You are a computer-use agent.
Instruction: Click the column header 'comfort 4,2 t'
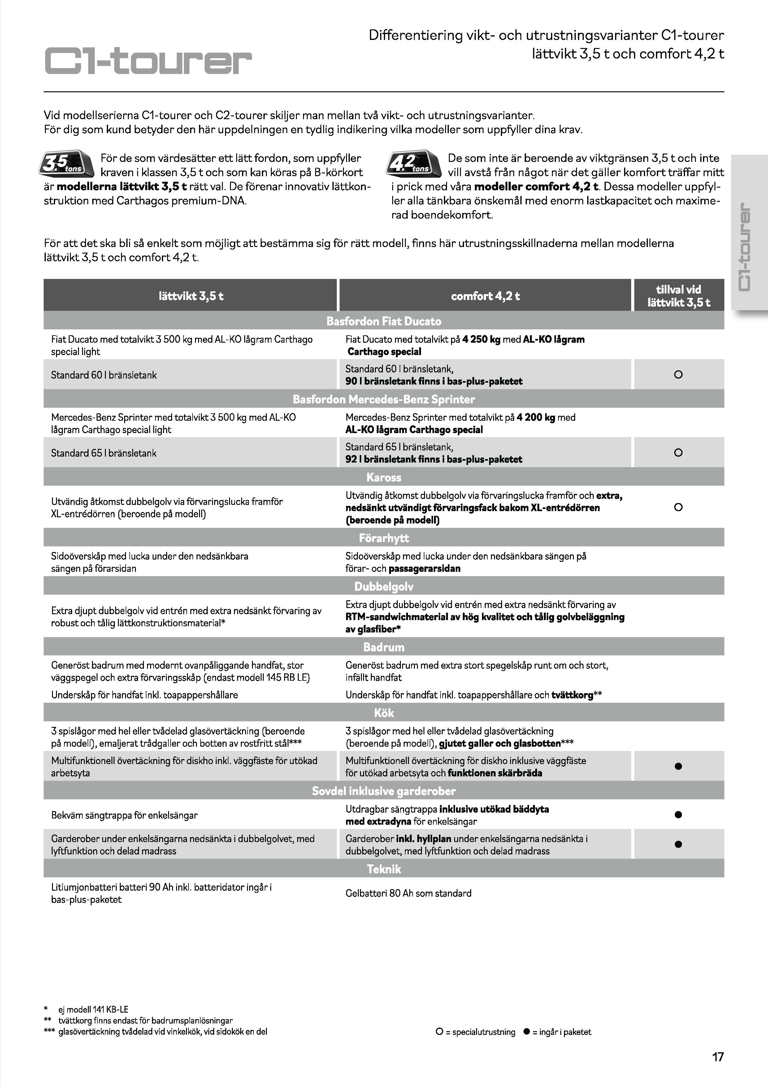(485, 296)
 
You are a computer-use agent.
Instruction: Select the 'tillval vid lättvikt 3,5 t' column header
(678, 296)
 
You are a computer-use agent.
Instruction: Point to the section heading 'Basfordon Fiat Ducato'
(384, 321)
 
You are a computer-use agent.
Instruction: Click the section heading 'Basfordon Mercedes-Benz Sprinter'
(384, 399)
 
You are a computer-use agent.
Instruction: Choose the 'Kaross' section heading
(384, 477)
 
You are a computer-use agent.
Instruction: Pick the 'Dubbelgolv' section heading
(384, 587)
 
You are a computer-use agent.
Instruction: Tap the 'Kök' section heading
(384, 713)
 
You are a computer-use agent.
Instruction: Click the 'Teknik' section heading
(384, 869)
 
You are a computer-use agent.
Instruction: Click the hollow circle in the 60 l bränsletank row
(678, 375)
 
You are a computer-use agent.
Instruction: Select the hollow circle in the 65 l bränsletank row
(678, 453)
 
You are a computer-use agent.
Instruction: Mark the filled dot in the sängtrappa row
(678, 814)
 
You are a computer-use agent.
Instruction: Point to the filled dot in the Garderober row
(678, 844)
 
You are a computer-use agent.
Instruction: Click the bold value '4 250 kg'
(481, 339)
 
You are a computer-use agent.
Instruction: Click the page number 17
(718, 1057)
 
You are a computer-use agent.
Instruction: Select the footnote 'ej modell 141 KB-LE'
(93, 1009)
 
